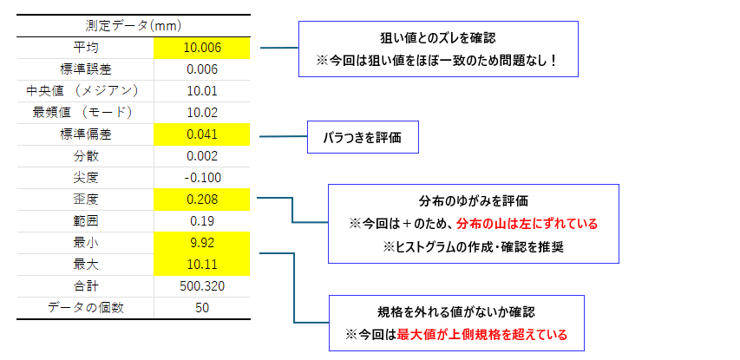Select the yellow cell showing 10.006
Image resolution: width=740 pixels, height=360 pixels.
(202, 48)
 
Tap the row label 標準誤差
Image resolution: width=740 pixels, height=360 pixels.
(85, 69)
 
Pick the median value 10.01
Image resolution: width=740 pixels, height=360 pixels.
(202, 91)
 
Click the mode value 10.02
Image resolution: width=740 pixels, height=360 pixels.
(202, 113)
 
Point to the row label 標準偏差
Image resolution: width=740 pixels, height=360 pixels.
(85, 134)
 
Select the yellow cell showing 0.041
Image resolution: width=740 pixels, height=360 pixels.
(202, 134)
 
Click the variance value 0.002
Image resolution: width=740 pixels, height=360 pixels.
(202, 156)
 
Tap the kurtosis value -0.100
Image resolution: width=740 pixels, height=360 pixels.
(202, 178)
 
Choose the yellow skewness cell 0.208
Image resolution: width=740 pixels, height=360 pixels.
(202, 200)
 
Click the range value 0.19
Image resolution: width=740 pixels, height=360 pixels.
(202, 220)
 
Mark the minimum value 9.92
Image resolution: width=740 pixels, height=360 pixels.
(202, 242)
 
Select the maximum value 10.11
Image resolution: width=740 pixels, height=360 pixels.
(202, 264)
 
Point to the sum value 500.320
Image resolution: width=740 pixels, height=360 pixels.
(202, 285)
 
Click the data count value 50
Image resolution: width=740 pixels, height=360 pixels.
(202, 307)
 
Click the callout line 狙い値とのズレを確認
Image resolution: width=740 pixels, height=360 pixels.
(438, 38)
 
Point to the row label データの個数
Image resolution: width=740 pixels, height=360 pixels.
(85, 307)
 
